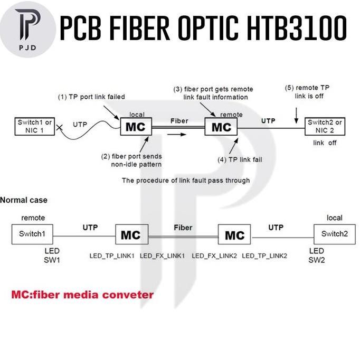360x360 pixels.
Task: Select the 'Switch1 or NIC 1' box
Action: point(35,126)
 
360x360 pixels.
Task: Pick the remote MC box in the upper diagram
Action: point(221,127)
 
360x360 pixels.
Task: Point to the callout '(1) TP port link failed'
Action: point(91,97)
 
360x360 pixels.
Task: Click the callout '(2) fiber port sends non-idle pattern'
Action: point(132,160)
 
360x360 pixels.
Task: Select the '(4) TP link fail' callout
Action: point(239,159)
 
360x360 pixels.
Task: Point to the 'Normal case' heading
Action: point(24,200)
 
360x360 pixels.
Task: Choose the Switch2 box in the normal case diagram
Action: point(334,234)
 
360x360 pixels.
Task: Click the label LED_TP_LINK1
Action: point(111,255)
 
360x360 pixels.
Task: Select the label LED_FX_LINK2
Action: point(213,255)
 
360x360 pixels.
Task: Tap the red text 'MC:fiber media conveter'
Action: point(82,295)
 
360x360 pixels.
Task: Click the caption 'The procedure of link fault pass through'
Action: point(186,180)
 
